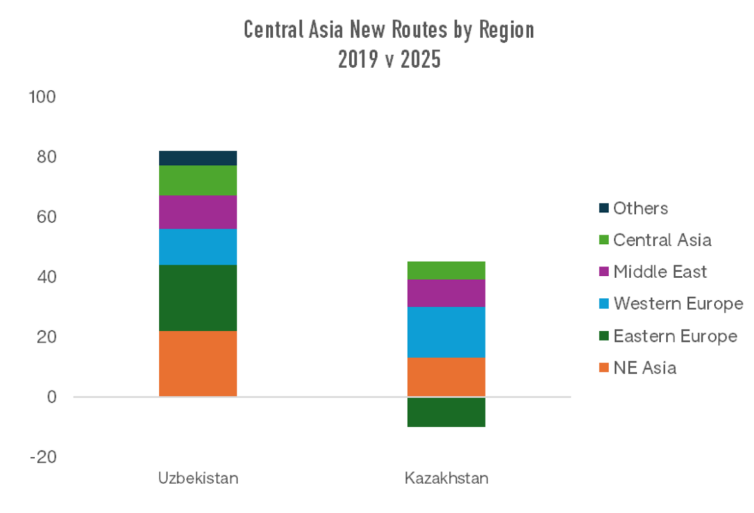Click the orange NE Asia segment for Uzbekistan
coord(198,363)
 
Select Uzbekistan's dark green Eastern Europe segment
coord(198,298)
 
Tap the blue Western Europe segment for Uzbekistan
coord(198,246)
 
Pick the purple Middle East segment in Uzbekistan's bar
coord(198,212)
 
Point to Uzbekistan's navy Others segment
coord(198,158)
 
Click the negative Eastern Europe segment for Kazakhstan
coord(446,412)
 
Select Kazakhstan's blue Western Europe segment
coord(446,332)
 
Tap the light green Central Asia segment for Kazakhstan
coord(446,270)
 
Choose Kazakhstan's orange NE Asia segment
coord(446,377)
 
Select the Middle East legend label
coord(660,272)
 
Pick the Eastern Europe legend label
coord(675,336)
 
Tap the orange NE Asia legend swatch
coord(604,368)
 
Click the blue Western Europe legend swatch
coord(604,304)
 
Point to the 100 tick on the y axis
coord(42,97)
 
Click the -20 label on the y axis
coord(43,457)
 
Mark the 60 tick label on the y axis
coord(46,217)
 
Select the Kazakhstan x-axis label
coord(446,478)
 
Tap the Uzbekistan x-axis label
coord(198,478)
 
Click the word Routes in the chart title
coord(419,30)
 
